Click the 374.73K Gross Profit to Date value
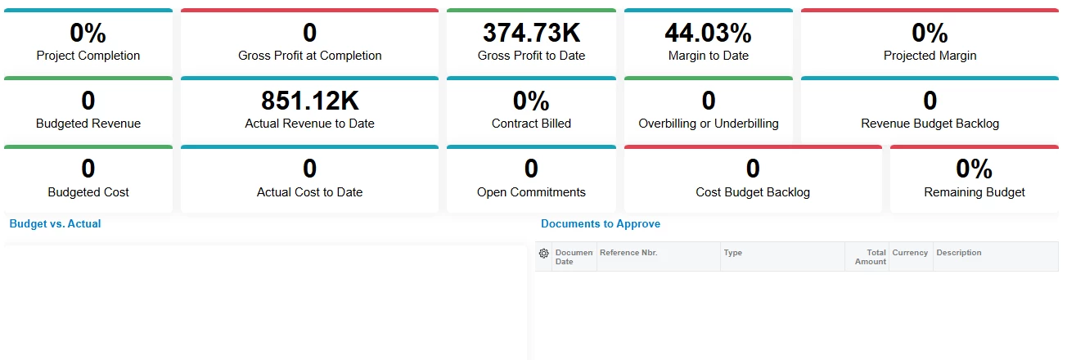coord(531,33)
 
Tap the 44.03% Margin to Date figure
coord(708,33)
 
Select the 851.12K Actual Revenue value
coord(309,101)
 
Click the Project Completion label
coord(88,56)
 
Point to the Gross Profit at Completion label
coord(309,56)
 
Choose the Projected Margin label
coord(930,56)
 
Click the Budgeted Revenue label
coord(88,124)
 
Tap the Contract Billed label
coord(531,124)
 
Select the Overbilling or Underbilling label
coord(708,124)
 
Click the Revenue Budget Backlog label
coord(930,124)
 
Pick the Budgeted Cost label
coord(88,192)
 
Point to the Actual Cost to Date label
coord(309,192)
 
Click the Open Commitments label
coord(531,192)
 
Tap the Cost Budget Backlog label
coord(753,192)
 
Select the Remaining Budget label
coord(974,192)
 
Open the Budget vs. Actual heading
coord(55,223)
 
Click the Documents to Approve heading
coord(601,223)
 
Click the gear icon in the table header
coord(543,254)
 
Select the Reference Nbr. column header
coord(628,253)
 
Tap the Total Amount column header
coord(870,257)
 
